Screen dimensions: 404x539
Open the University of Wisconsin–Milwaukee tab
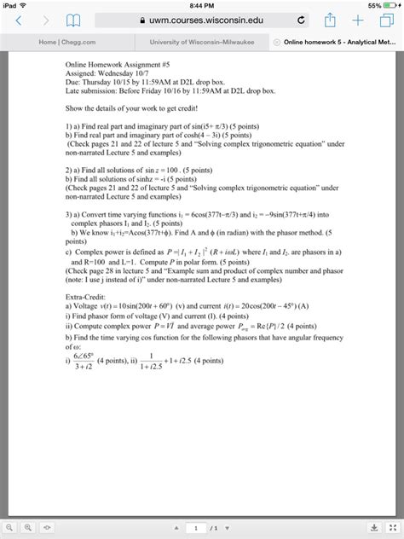[x=201, y=42]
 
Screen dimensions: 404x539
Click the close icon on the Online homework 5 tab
[x=275, y=42]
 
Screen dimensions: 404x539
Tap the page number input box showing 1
[x=198, y=527]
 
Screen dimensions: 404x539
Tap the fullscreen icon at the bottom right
[x=393, y=527]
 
